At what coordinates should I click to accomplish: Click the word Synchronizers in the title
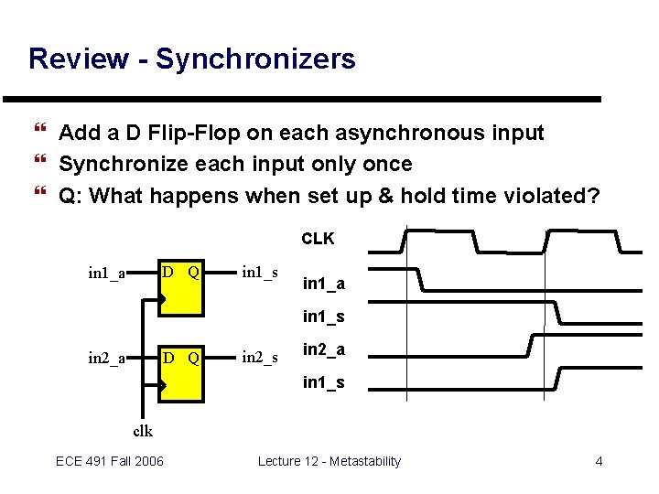click(x=255, y=59)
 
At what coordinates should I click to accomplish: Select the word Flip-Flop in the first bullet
click(x=193, y=134)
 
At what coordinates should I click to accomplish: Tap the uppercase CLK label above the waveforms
click(x=318, y=239)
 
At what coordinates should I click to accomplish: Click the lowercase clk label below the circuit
click(x=143, y=431)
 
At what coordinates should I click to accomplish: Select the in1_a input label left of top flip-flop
click(x=107, y=273)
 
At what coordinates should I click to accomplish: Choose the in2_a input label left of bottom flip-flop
click(x=107, y=359)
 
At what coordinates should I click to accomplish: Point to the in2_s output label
click(x=260, y=358)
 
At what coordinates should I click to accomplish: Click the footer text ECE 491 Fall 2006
click(x=110, y=461)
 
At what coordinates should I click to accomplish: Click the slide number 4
click(x=599, y=461)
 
